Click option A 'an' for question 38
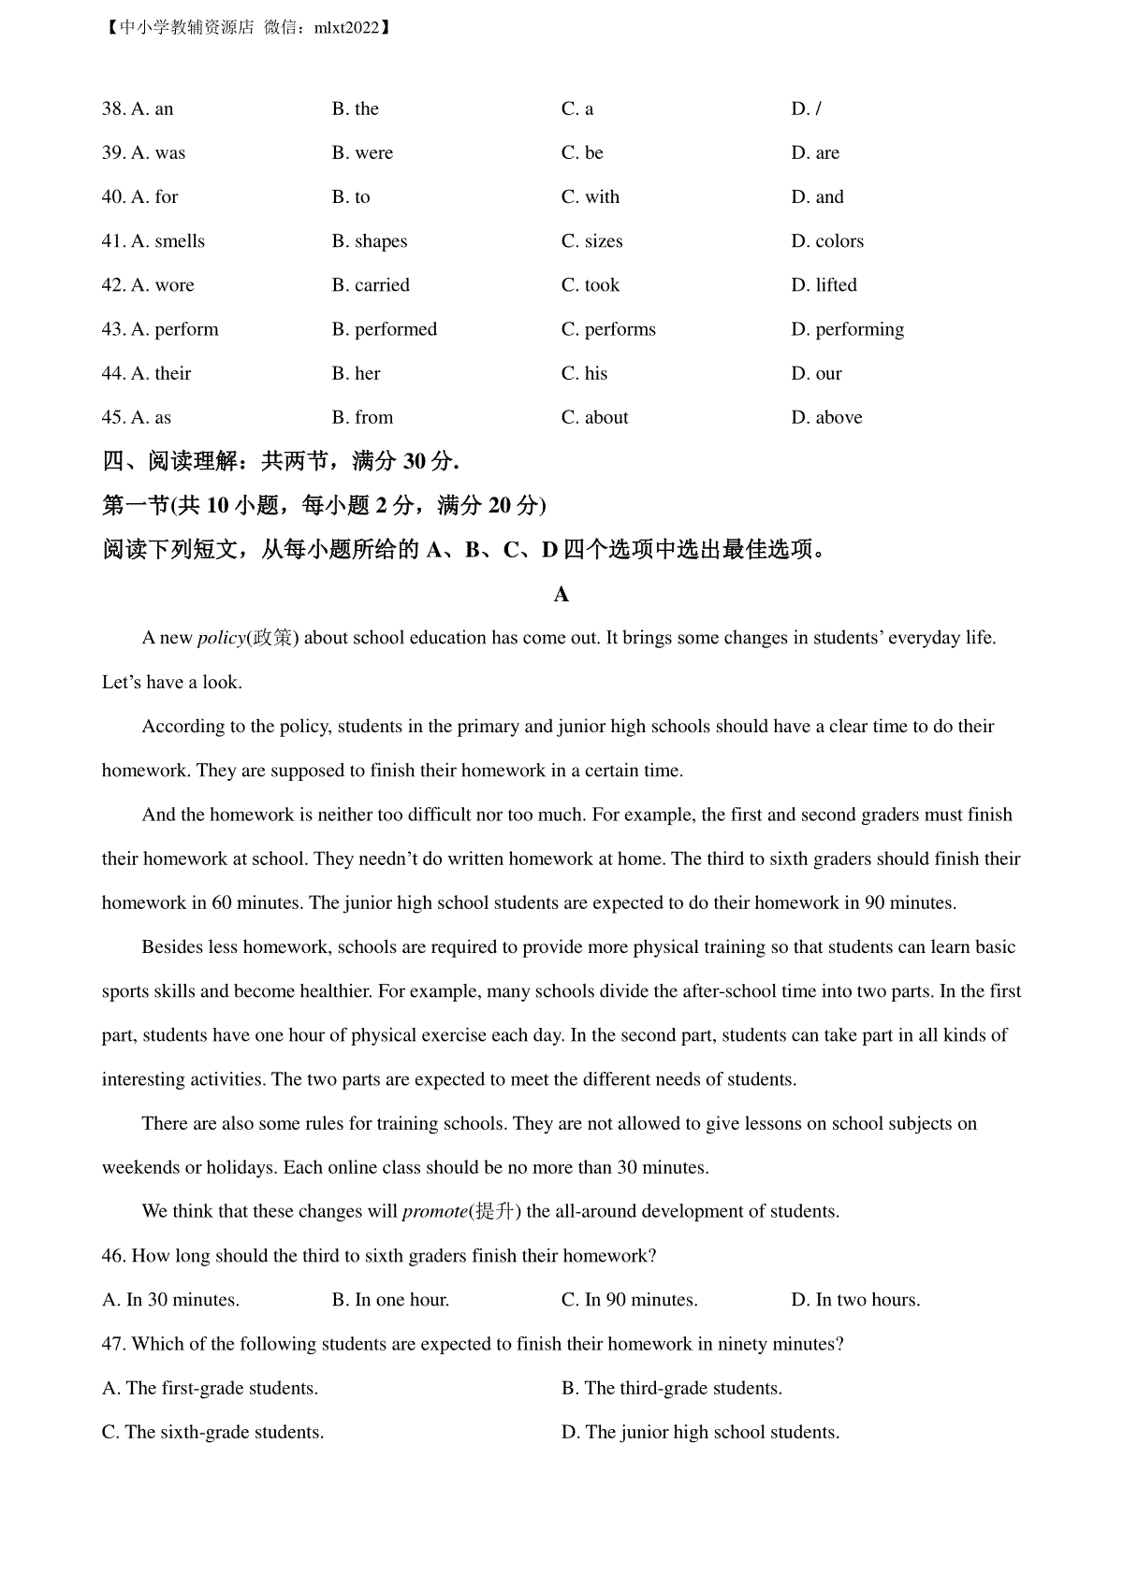tap(152, 109)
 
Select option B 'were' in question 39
tap(362, 153)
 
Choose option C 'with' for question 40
tap(591, 197)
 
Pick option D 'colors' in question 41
tap(827, 241)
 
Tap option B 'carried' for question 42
tap(371, 285)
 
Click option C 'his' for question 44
tap(584, 374)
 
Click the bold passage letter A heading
tap(561, 595)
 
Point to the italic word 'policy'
tap(221, 639)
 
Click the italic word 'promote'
tap(434, 1212)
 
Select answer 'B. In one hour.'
tap(390, 1300)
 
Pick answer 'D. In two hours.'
tap(855, 1300)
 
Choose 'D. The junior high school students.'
tap(700, 1433)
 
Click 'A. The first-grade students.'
tap(210, 1389)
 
